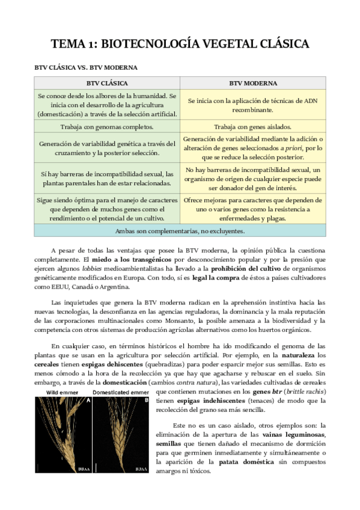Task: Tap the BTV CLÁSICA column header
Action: click(107, 83)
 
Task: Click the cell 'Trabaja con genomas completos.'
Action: click(107, 127)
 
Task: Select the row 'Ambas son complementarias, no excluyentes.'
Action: click(180, 230)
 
